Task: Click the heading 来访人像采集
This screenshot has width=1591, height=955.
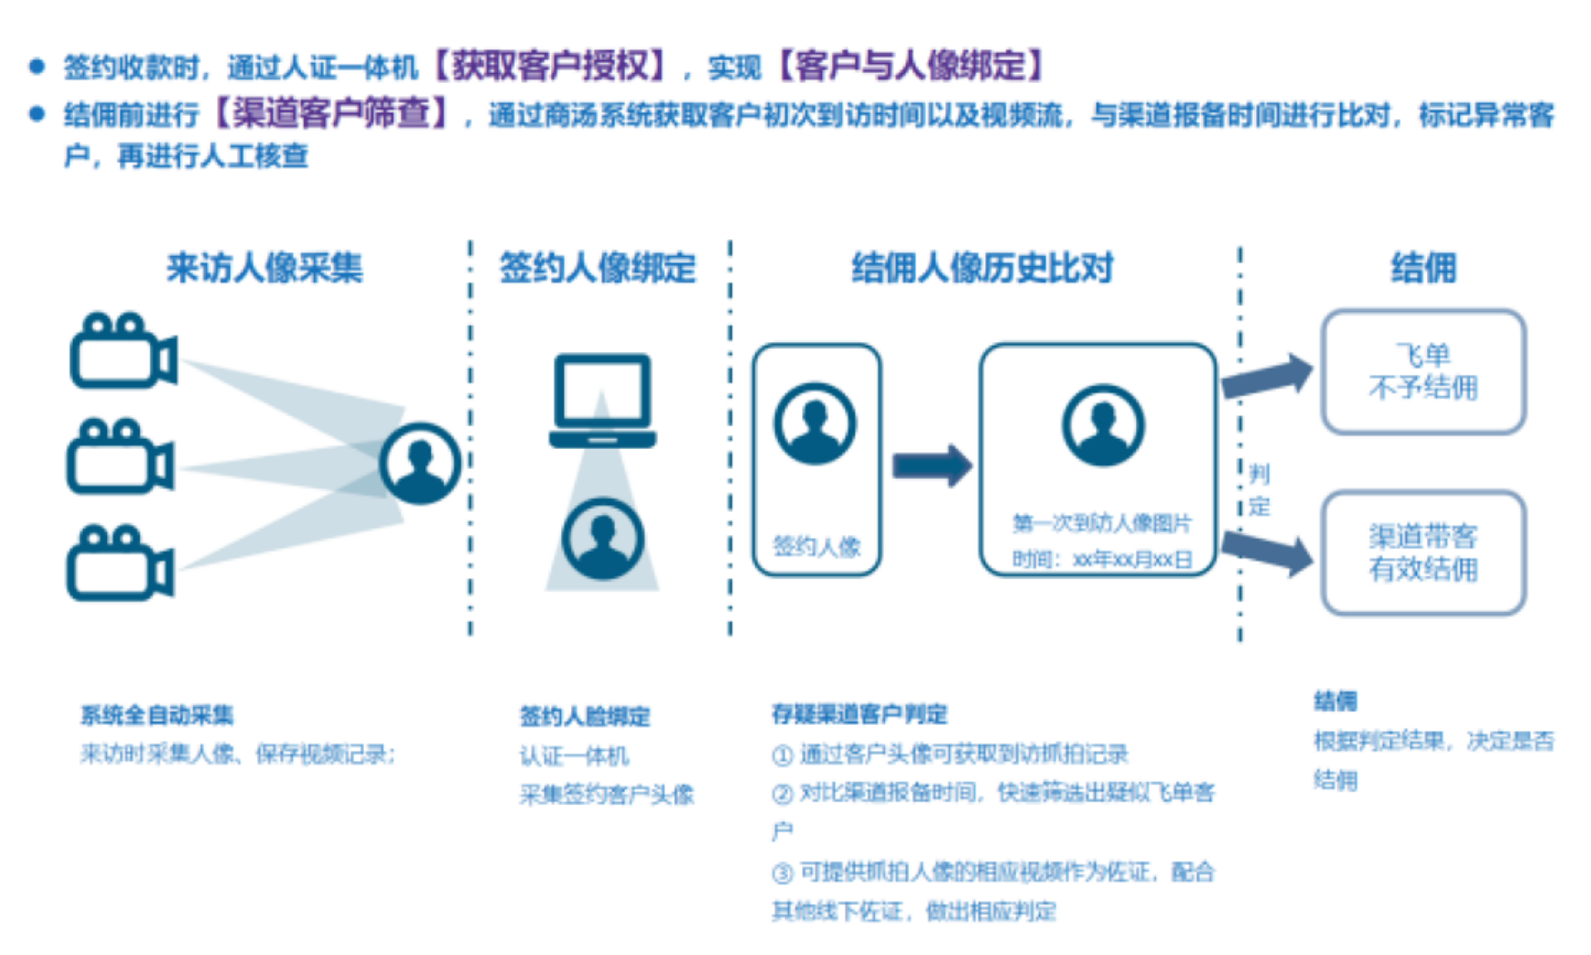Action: click(x=264, y=268)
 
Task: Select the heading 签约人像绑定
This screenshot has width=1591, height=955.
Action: click(x=597, y=268)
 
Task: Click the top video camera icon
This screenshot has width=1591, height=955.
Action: click(x=122, y=351)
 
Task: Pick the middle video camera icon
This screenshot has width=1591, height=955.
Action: click(x=119, y=457)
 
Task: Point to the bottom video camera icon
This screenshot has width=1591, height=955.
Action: click(x=119, y=562)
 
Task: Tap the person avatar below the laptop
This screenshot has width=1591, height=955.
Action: click(x=602, y=538)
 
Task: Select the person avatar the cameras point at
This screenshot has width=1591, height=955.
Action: click(x=420, y=463)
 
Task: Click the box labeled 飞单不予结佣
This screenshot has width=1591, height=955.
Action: click(x=1423, y=372)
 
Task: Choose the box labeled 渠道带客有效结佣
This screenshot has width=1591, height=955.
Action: click(x=1423, y=552)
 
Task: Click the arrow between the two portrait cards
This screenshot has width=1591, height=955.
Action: click(x=931, y=465)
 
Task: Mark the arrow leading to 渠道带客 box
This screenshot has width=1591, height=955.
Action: click(x=1267, y=552)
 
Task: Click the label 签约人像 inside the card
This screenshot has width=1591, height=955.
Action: click(x=816, y=547)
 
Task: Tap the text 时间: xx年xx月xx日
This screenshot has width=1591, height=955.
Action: click(x=1101, y=560)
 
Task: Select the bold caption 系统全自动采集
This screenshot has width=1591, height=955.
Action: click(x=157, y=715)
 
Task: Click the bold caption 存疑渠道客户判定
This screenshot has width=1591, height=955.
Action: click(x=858, y=714)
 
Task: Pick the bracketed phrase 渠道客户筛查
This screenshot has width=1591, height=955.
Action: click(x=331, y=113)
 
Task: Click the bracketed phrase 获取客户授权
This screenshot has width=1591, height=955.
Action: click(x=549, y=65)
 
